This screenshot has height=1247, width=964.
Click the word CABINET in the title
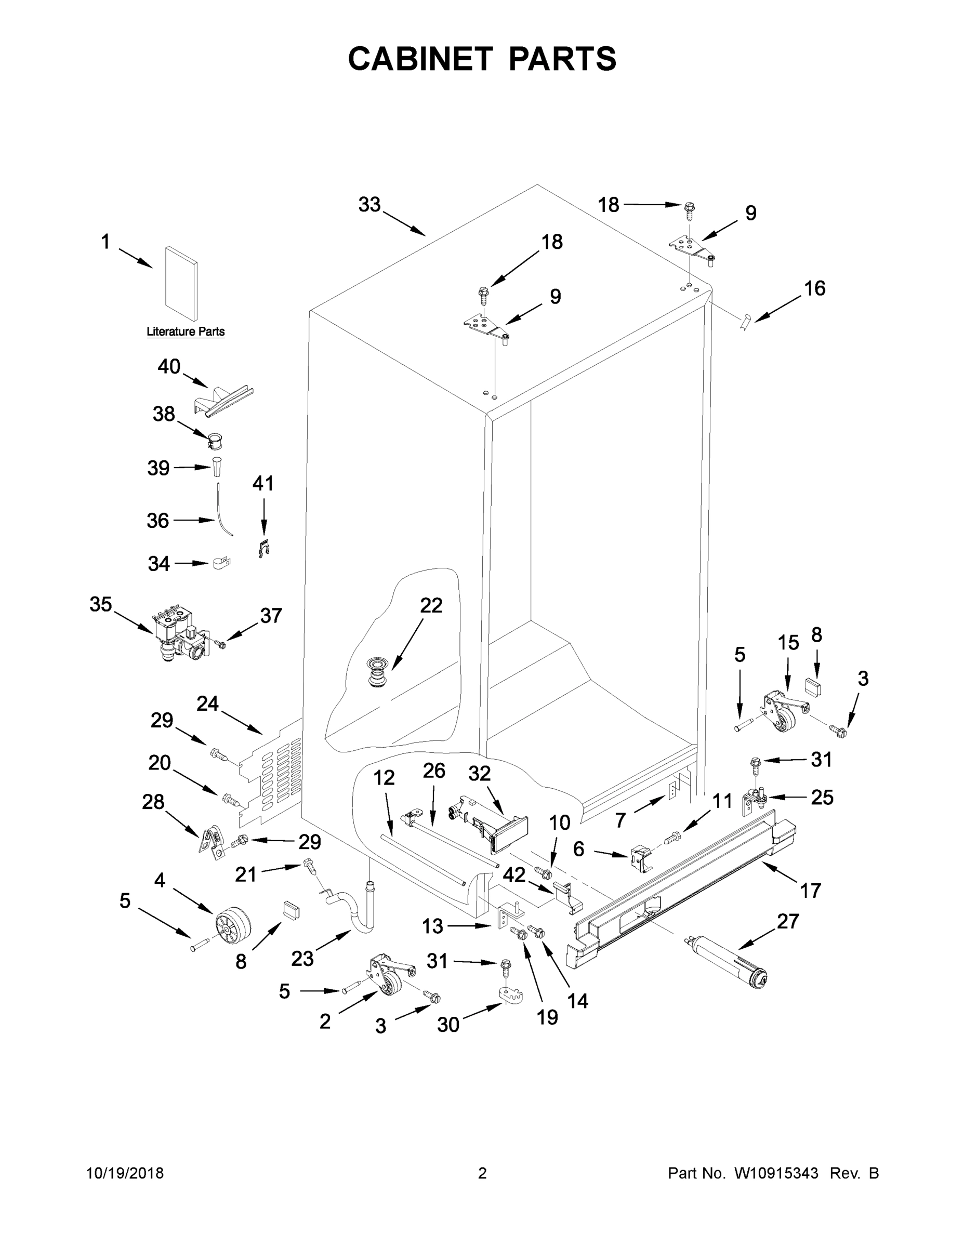click(420, 59)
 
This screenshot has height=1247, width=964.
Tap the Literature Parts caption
click(186, 331)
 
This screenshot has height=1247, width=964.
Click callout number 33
click(369, 204)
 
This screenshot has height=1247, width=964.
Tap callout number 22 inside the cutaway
click(431, 605)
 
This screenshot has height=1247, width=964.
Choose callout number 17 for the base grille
click(810, 890)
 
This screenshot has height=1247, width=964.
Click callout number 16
click(814, 288)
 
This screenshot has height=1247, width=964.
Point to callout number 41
click(263, 484)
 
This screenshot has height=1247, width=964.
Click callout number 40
click(169, 366)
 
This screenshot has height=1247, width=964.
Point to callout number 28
click(153, 802)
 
